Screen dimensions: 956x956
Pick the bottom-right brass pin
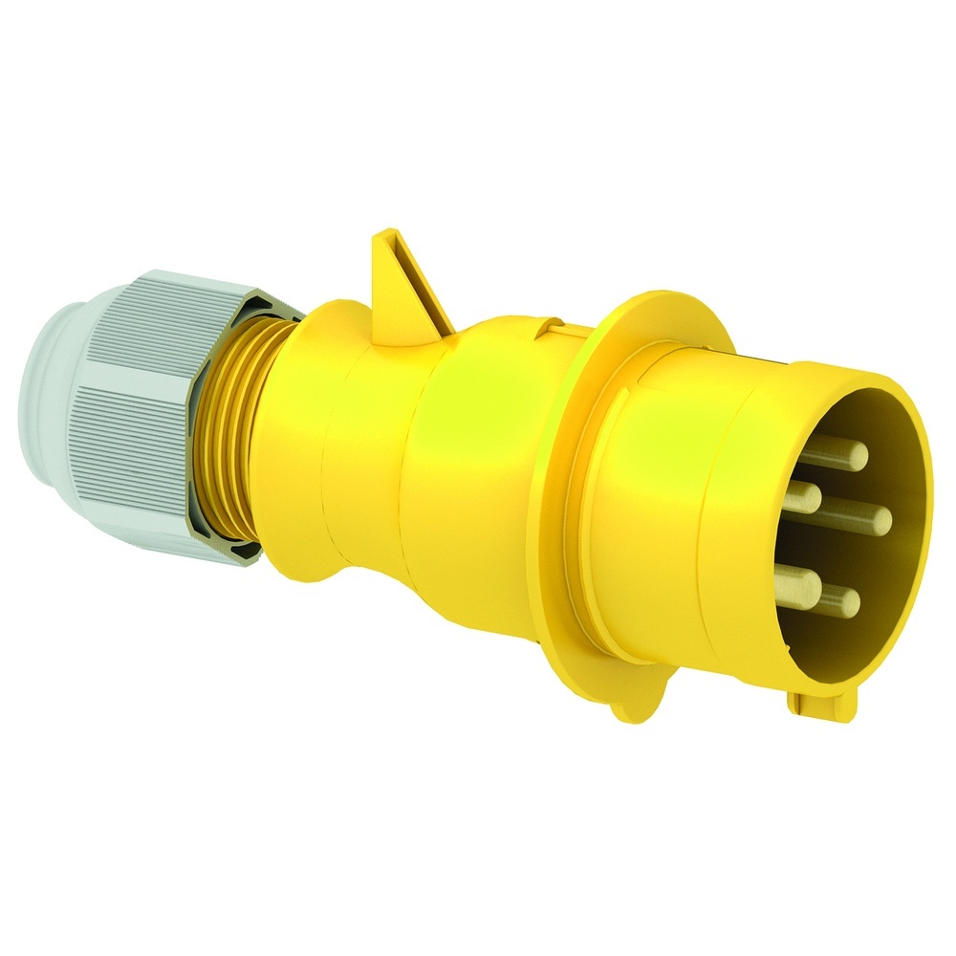845,601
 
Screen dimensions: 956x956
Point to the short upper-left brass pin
805,495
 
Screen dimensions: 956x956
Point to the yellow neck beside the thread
287,440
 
